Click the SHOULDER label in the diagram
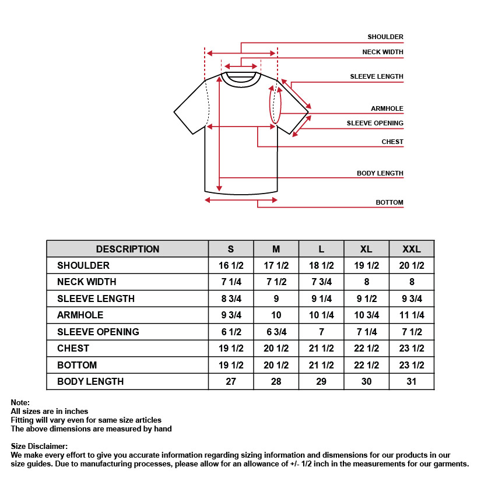click(x=385, y=37)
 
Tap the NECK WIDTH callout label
click(x=382, y=52)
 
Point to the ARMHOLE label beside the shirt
click(x=387, y=109)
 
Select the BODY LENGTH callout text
click(x=380, y=173)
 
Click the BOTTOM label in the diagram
click(x=389, y=202)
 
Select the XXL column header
click(x=412, y=249)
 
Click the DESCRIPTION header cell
click(x=128, y=249)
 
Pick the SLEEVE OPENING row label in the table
click(x=98, y=332)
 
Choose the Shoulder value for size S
click(x=231, y=265)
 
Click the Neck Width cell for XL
click(x=366, y=282)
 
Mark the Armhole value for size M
click(x=276, y=315)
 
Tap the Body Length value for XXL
click(x=412, y=381)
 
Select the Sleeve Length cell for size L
click(x=321, y=299)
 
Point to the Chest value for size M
click(x=276, y=348)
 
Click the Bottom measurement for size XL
click(x=366, y=365)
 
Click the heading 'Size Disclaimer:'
click(x=39, y=447)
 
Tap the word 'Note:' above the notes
click(x=20, y=402)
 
